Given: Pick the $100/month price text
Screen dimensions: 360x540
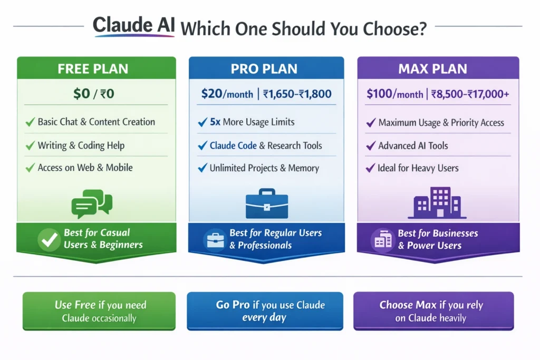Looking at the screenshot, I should [x=395, y=94].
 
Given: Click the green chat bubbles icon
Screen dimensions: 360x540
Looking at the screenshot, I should [x=91, y=203].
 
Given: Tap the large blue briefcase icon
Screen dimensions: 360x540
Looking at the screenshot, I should [x=267, y=203].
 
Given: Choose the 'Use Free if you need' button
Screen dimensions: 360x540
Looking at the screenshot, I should [x=99, y=311].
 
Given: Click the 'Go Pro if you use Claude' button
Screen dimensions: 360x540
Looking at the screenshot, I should [x=265, y=311].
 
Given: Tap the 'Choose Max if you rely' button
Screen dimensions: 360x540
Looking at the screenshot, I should [x=433, y=311].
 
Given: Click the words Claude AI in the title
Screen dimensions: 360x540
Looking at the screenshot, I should [x=134, y=27].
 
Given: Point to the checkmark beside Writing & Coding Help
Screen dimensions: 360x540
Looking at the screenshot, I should [x=30, y=145].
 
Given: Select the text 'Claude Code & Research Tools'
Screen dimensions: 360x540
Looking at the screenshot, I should [x=266, y=145].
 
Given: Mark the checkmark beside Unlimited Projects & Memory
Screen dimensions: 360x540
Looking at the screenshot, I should [x=202, y=168].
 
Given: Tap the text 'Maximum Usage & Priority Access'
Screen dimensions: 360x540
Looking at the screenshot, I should [x=441, y=123].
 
